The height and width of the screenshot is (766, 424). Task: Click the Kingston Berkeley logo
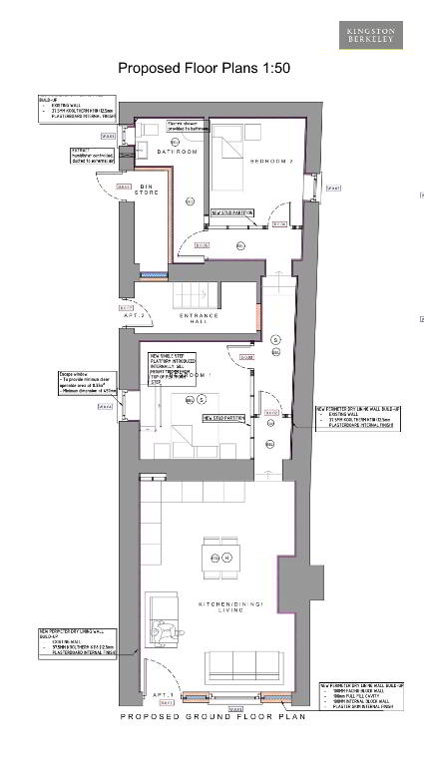click(371, 36)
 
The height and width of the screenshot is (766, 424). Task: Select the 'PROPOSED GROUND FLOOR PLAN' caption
click(212, 717)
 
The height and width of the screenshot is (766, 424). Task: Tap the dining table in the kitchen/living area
click(219, 557)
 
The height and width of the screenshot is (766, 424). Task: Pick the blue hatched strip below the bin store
click(155, 273)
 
